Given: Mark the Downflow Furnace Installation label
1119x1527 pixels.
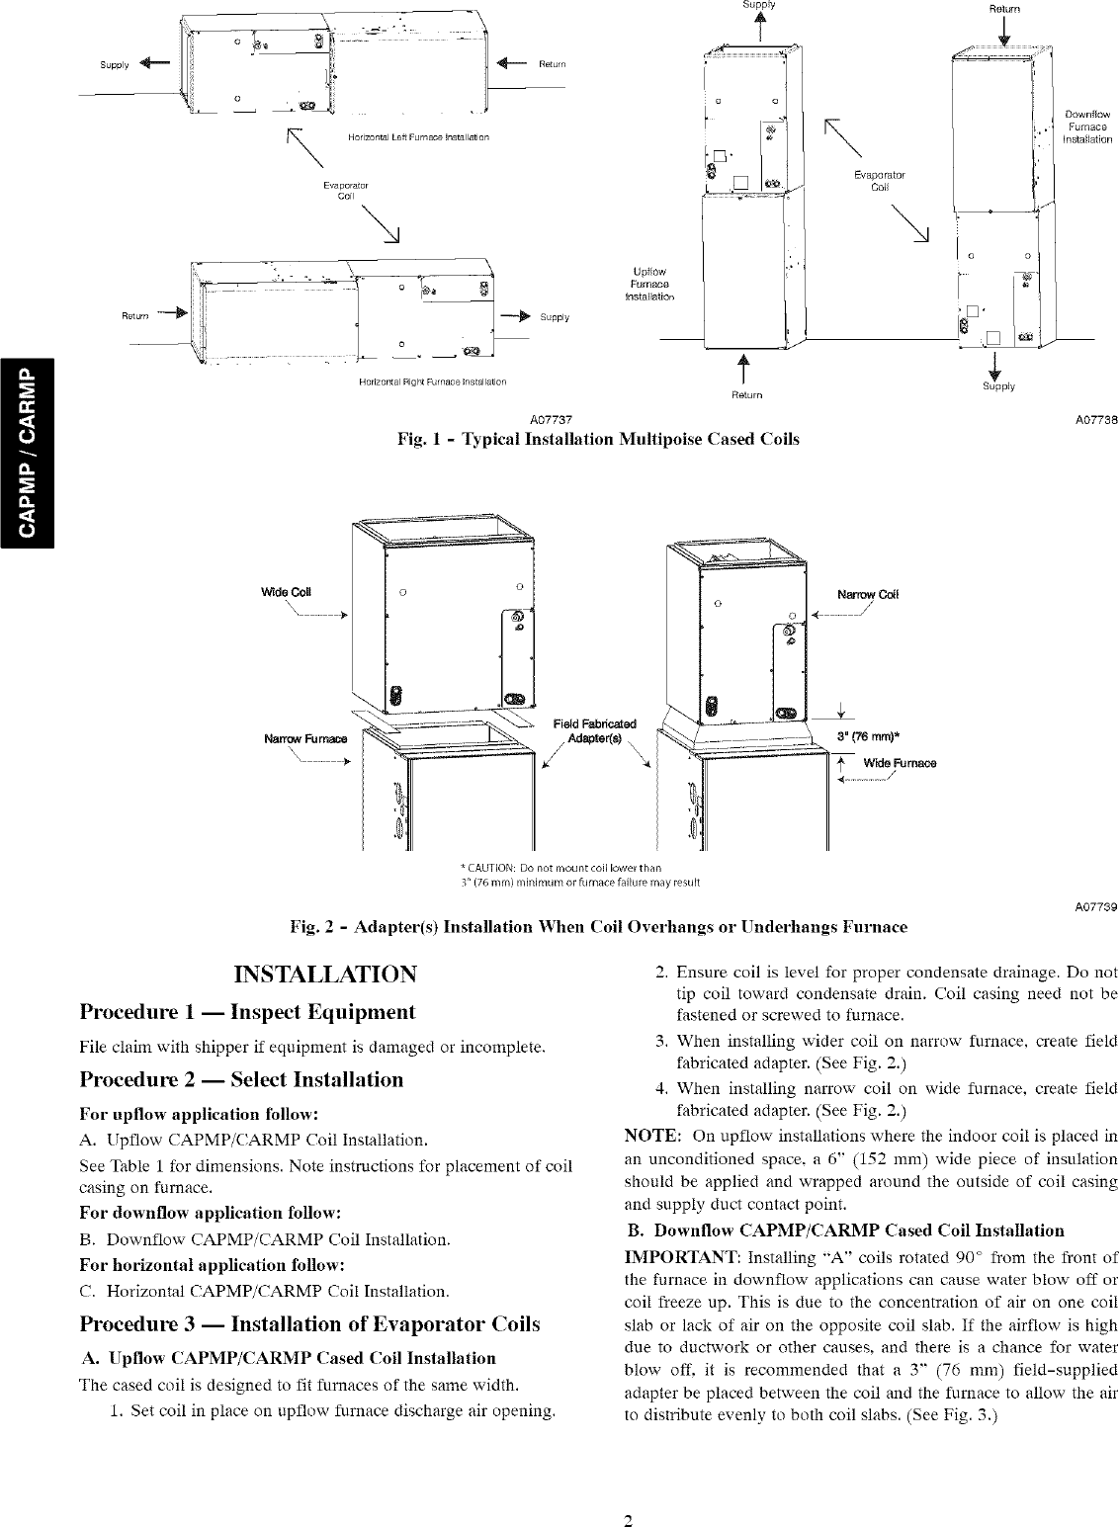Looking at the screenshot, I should tap(1086, 127).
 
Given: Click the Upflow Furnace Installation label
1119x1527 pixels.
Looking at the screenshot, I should tap(650, 284).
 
